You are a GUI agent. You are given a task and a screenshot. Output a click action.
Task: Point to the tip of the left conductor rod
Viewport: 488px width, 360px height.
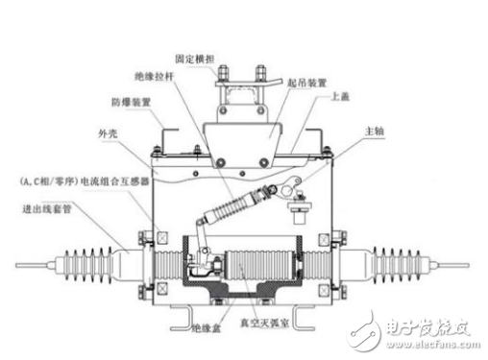point(13,265)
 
